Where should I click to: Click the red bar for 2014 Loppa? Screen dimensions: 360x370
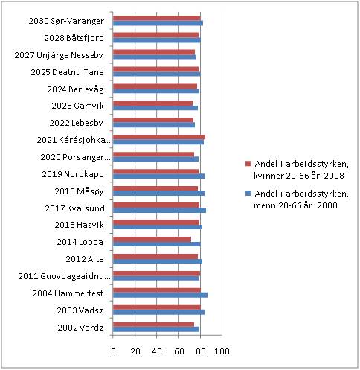click(152, 240)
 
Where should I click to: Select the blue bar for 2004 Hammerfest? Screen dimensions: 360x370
click(160, 295)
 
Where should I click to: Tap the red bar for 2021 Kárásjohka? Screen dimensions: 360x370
click(159, 137)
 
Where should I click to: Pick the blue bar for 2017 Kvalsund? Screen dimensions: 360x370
click(159, 211)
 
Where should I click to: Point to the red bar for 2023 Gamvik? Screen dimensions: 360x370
click(152, 103)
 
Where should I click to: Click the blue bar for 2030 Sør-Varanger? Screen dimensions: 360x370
click(158, 23)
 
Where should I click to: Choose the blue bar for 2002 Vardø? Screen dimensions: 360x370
click(156, 329)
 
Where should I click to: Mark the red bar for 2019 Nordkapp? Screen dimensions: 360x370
click(156, 171)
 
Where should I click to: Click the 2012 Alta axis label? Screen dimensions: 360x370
click(85, 259)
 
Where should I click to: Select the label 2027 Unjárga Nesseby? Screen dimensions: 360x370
click(59, 55)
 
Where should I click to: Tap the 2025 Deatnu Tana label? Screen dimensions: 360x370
click(67, 72)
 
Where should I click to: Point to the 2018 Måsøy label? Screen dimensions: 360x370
click(79, 191)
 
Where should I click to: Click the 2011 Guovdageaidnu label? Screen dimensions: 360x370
click(64, 276)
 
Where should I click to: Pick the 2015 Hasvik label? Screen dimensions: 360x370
click(80, 225)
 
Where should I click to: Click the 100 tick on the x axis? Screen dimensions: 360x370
click(222, 351)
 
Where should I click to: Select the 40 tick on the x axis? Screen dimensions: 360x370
click(157, 351)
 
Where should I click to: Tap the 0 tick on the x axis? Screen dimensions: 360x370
click(113, 351)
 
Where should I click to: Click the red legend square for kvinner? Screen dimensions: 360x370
click(248, 164)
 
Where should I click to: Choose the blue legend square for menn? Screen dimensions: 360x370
click(248, 194)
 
